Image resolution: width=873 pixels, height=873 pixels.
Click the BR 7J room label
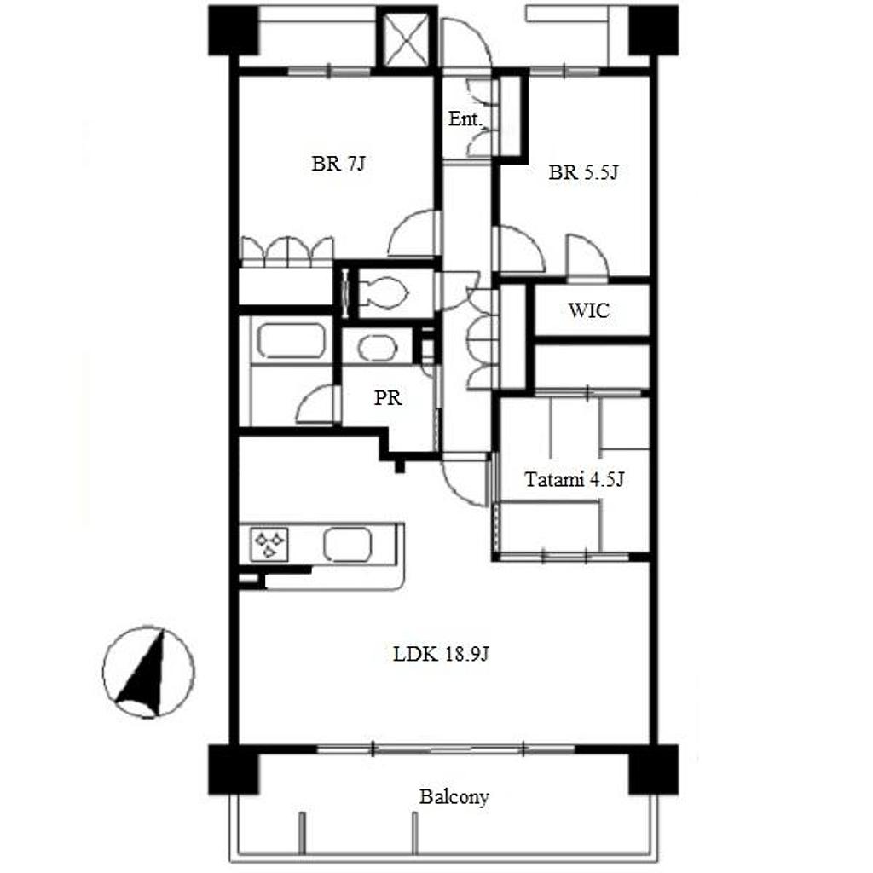338,164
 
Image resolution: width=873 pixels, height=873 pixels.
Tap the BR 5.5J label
583,172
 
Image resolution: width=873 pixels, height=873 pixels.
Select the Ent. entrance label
465,119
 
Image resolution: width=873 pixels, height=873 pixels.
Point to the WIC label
588,310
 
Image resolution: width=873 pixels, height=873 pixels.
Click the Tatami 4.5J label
574,479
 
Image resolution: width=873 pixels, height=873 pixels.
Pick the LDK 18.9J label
441,654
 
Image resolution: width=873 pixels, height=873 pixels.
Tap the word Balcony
454,797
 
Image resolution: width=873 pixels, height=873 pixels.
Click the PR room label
388,397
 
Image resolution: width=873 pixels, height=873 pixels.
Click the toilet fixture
383,292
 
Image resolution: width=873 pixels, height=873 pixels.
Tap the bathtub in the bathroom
290,341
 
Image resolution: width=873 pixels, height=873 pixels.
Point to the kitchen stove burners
269,544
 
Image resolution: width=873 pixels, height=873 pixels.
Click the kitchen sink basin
348,543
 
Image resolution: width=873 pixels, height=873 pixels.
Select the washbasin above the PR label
378,348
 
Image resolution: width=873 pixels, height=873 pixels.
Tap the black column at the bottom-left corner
234,770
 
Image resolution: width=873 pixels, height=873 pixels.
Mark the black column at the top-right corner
654,31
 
